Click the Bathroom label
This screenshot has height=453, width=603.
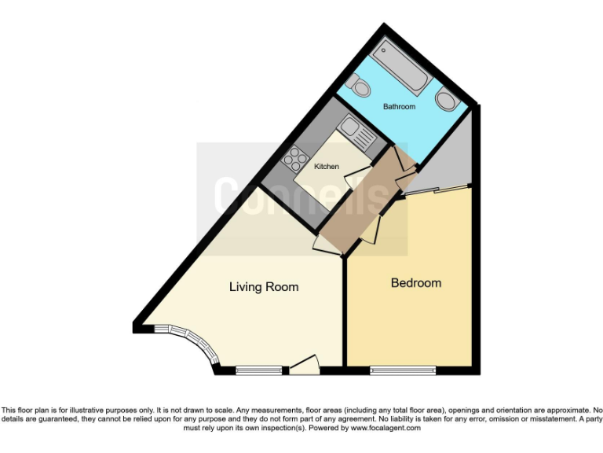399,106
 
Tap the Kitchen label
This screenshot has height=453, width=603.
327,167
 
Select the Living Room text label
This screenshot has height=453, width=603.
264,287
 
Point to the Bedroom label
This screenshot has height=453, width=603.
416,283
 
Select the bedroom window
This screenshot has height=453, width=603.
403,368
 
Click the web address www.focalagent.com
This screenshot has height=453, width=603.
385,429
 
